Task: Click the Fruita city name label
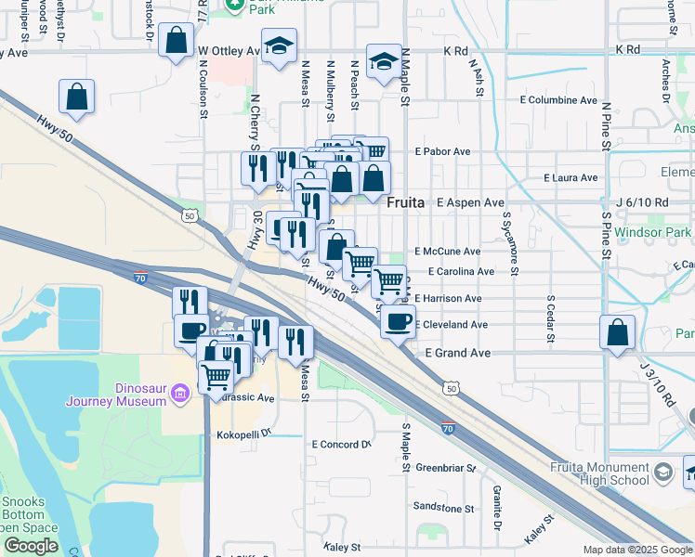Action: pyautogui.click(x=406, y=201)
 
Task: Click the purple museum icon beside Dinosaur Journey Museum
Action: pyautogui.click(x=180, y=395)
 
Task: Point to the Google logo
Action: pyautogui.click(x=31, y=546)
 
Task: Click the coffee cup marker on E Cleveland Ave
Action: pyautogui.click(x=398, y=322)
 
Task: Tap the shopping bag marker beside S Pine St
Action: pyautogui.click(x=618, y=332)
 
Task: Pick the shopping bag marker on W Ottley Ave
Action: pyautogui.click(x=175, y=41)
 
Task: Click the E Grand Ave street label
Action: pyautogui.click(x=457, y=354)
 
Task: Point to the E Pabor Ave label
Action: pyautogui.click(x=443, y=151)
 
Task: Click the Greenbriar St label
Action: pyautogui.click(x=445, y=468)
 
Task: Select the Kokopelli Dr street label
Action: pyautogui.click(x=242, y=434)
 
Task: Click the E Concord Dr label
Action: pyautogui.click(x=340, y=445)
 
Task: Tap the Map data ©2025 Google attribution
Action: pyautogui.click(x=637, y=550)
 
